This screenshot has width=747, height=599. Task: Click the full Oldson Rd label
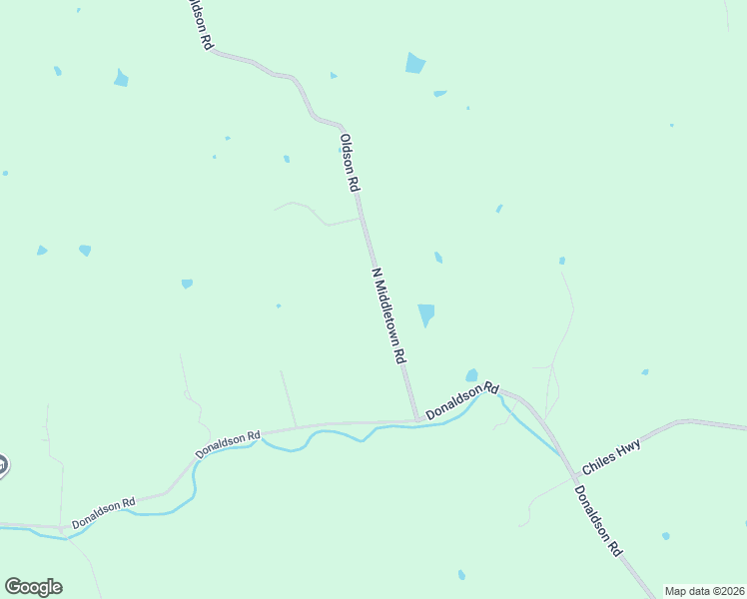[x=349, y=162]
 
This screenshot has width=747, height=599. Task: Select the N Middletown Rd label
[x=389, y=314]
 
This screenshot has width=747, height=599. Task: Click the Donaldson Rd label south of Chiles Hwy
[x=598, y=520]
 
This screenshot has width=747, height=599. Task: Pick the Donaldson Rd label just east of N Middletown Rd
[x=461, y=399]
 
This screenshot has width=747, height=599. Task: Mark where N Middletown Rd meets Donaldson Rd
[x=415, y=421]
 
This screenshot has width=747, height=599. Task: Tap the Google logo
[x=33, y=587]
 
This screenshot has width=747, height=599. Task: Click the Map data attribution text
[x=704, y=591]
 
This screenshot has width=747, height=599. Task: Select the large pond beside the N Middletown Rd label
[x=426, y=314]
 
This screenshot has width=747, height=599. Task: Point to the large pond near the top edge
[x=415, y=63]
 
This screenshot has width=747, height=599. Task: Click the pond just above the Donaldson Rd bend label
[x=471, y=375]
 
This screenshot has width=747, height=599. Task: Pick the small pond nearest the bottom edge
[x=461, y=575]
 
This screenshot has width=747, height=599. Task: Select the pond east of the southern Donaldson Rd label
[x=665, y=536]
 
